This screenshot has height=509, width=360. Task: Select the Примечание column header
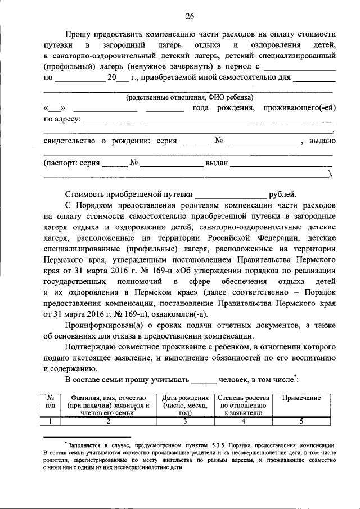point(301,398)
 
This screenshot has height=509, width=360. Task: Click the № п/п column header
point(50,401)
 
